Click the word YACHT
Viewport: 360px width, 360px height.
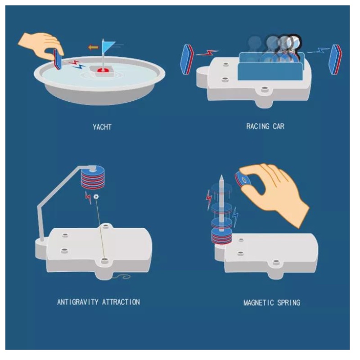(102, 127)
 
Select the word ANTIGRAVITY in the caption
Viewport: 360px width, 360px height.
(78, 301)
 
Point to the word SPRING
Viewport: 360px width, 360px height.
(289, 302)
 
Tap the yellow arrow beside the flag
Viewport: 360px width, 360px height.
(93, 47)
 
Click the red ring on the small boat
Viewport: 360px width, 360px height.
(103, 70)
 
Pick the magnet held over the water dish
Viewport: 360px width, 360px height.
(58, 59)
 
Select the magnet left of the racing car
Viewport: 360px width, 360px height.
(187, 59)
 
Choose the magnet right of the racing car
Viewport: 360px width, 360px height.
(335, 59)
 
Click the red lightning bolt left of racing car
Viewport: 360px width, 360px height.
(207, 53)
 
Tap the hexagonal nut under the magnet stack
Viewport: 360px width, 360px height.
(96, 197)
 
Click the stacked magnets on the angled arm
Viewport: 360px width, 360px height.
(93, 177)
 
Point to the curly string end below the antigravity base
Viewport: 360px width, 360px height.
(121, 277)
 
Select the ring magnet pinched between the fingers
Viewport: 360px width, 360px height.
(242, 179)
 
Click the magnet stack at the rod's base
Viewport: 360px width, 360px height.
(221, 236)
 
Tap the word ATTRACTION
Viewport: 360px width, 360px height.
(121, 301)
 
